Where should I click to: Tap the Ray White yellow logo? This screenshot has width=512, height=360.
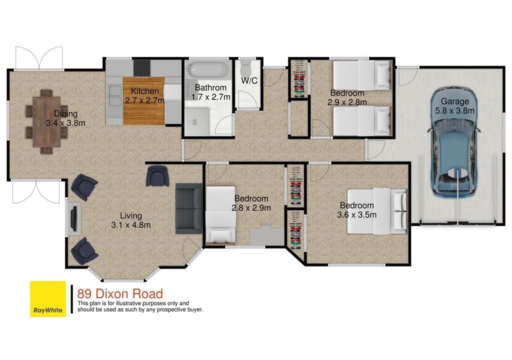48,299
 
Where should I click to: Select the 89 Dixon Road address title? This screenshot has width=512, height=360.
120,293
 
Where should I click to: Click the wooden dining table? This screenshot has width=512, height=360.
46,121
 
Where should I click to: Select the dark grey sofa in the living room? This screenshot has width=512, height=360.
188,208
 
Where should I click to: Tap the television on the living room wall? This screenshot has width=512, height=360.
73,218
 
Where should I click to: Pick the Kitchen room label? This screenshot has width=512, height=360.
144,91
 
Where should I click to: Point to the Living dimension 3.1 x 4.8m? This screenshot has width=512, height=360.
131,225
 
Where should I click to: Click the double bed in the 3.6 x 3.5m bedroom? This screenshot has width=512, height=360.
377,211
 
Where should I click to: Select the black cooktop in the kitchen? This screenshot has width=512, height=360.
141,67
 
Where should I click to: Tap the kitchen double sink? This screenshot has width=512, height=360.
114,95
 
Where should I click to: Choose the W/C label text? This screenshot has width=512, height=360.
249,80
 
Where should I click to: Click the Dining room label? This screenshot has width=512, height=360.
65,113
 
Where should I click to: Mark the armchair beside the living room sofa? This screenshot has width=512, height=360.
157,176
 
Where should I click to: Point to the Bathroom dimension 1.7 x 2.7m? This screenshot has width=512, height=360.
210,97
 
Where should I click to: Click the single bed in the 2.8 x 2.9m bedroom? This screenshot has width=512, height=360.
220,215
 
